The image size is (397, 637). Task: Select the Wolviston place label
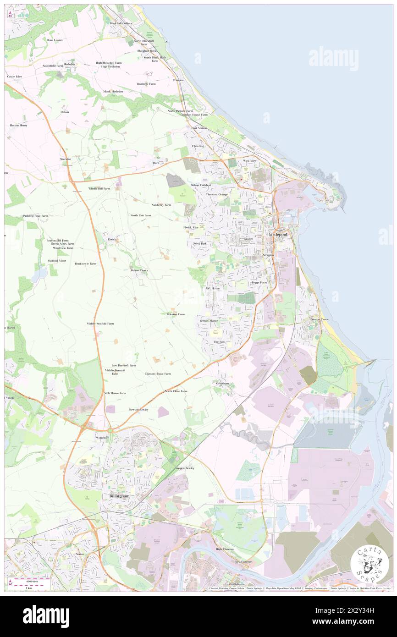102,438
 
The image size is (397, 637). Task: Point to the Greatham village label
222,383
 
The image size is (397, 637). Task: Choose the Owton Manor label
209,321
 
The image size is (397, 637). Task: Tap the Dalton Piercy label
139,270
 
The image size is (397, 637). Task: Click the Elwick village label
112,239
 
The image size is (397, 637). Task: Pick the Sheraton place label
66,159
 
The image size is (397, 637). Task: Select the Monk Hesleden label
113,92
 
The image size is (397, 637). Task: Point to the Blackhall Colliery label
121,23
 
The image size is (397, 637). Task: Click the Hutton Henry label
19,125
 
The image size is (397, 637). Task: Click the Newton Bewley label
138,409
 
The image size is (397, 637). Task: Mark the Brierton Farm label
175,314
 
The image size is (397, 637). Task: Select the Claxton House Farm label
158,373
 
